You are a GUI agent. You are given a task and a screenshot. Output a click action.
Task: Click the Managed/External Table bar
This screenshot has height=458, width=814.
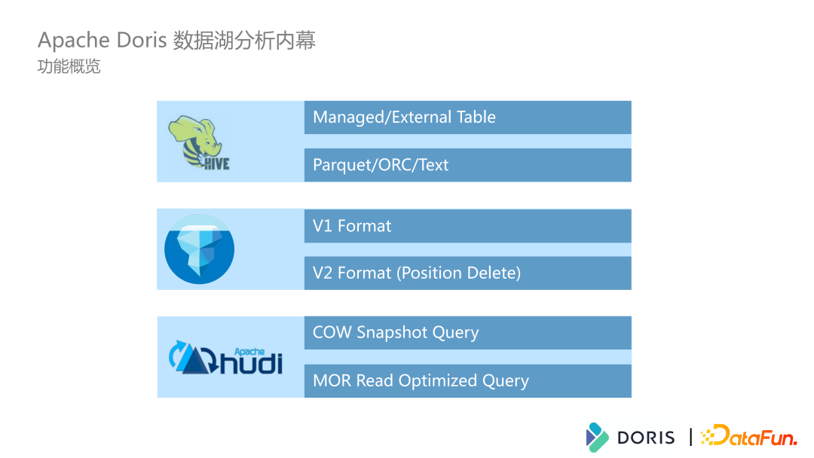[x=467, y=118]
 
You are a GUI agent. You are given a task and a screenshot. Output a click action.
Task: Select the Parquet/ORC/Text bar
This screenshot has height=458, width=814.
[x=467, y=165]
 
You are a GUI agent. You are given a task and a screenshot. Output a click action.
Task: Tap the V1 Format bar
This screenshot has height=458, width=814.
[x=467, y=226]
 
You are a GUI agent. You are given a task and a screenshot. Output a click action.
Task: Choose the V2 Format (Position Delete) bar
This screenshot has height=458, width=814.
[x=467, y=273]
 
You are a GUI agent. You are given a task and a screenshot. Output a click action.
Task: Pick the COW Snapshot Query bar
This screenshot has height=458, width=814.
[x=467, y=333]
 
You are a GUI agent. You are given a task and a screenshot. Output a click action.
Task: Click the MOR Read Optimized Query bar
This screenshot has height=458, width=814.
[x=467, y=381]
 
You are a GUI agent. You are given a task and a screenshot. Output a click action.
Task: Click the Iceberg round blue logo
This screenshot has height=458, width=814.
[x=199, y=249]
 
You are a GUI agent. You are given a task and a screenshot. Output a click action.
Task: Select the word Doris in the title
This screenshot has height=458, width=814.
[x=141, y=40]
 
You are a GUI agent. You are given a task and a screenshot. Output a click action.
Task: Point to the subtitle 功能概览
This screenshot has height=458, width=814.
[x=69, y=67]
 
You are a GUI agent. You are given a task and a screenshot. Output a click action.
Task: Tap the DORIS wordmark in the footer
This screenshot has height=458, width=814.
[x=646, y=437]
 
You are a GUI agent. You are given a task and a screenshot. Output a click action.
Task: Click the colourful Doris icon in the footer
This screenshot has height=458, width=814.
[x=597, y=437]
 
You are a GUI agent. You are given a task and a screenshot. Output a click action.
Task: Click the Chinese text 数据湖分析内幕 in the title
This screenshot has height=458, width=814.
[x=244, y=40]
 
